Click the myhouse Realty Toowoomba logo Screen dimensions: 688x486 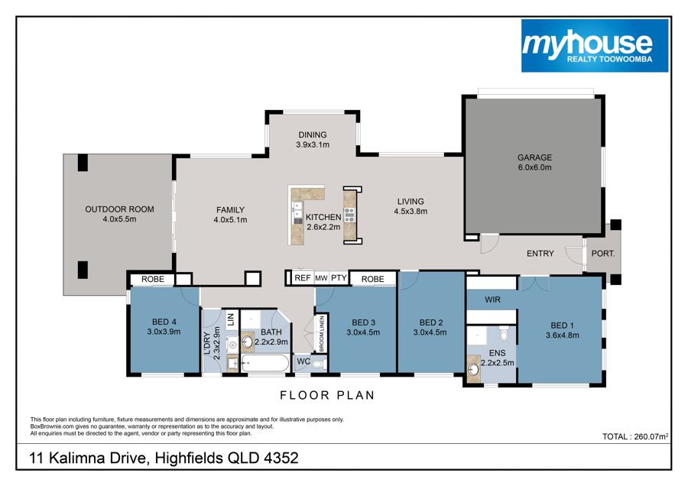point(595,46)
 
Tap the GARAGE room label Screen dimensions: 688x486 point(534,157)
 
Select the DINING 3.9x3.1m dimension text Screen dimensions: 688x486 point(313,144)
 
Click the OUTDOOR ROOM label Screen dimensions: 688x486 point(119,209)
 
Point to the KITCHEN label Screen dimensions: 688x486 point(323,217)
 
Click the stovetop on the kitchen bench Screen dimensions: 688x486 point(349,215)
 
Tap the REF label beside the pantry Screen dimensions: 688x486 point(302,278)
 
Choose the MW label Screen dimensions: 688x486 point(321,278)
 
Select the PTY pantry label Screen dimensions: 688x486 point(339,278)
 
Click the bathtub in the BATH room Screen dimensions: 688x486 point(265,364)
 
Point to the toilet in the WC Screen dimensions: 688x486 point(320,364)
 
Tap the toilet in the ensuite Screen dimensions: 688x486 point(505,334)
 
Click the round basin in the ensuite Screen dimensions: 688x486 point(473,369)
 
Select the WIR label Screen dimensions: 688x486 point(492,300)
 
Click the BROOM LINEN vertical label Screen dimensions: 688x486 point(322,333)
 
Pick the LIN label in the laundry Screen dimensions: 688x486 point(231,319)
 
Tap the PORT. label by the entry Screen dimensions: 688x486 point(603,254)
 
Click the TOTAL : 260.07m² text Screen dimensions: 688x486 point(635,436)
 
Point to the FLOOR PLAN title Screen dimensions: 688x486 point(327,395)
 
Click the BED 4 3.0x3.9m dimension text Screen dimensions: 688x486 point(164,332)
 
